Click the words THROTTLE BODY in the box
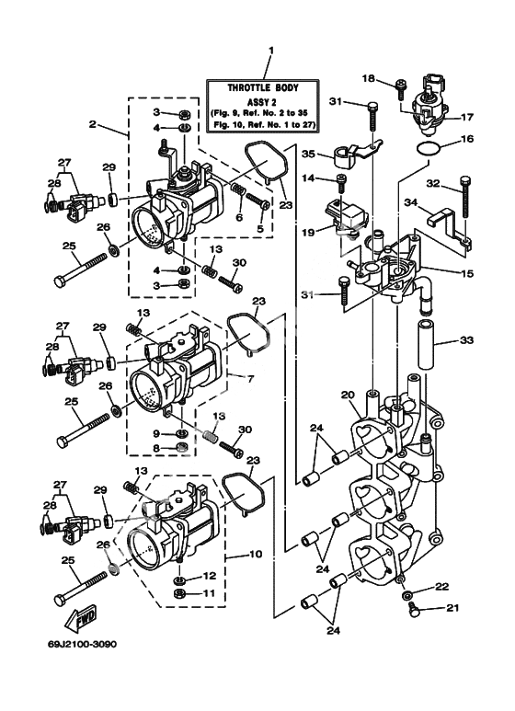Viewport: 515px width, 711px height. click(263, 88)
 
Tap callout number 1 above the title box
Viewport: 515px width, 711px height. click(271, 51)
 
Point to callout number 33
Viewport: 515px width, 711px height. click(466, 340)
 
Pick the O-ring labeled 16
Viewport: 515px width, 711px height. click(428, 149)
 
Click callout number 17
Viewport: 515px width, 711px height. click(466, 118)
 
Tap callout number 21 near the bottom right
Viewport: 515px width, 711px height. click(452, 608)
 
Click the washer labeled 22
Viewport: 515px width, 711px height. click(407, 594)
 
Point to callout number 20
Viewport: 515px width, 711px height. click(348, 396)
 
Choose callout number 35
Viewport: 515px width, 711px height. click(308, 154)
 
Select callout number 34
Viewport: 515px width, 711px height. click(411, 201)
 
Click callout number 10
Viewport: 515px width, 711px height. click(257, 554)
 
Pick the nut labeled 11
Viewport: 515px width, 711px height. click(180, 593)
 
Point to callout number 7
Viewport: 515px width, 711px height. click(250, 378)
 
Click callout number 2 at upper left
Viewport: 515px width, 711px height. click(93, 124)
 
